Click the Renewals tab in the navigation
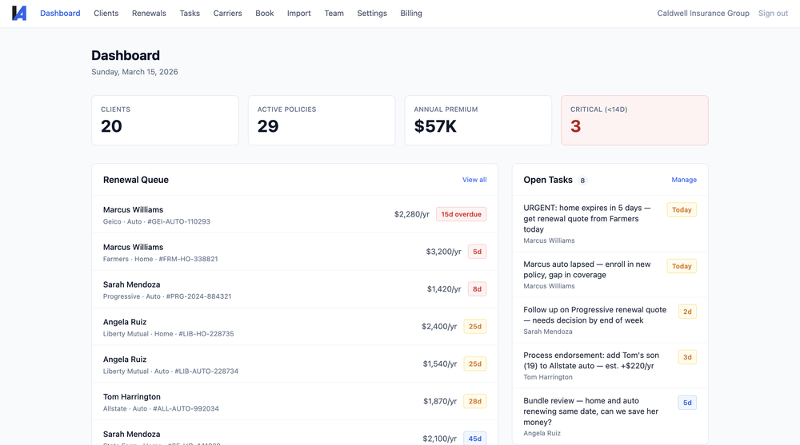tap(149, 14)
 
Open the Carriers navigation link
tap(227, 14)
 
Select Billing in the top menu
tap(411, 14)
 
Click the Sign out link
tap(773, 14)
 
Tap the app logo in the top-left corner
tap(19, 14)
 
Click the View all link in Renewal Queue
tap(474, 180)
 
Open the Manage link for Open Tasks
tap(684, 180)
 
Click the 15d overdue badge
tap(462, 214)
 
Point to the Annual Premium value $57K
tap(436, 126)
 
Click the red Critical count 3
tap(575, 126)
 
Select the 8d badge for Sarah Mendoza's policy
tap(477, 289)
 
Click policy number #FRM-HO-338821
tap(188, 259)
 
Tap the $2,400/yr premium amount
tap(439, 327)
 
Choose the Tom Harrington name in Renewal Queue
tap(132, 397)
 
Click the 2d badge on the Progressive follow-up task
tap(687, 312)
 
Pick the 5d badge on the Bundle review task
tap(687, 403)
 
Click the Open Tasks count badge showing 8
tap(583, 181)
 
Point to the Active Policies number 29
tap(268, 126)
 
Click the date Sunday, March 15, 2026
tap(134, 72)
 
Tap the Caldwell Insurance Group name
tap(703, 14)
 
